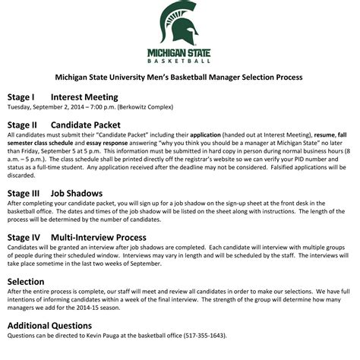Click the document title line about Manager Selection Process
coord(180,77)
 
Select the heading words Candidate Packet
coord(88,124)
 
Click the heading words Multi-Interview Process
coord(103,237)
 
